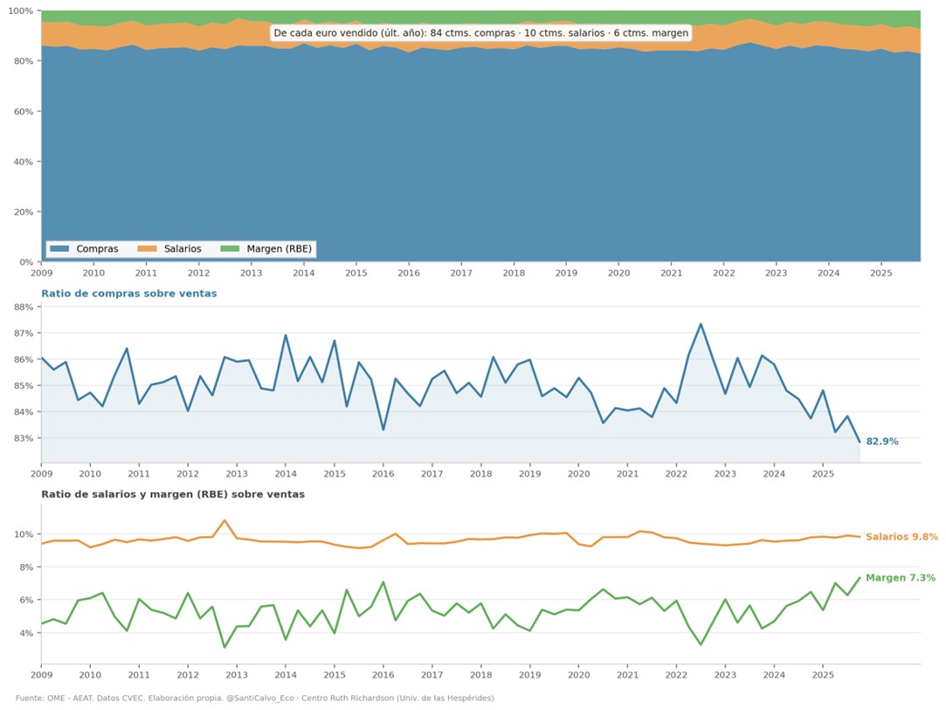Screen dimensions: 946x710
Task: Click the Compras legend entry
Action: point(85,248)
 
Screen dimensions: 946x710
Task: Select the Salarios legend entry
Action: point(169,248)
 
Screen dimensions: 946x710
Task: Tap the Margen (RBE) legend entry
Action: point(266,248)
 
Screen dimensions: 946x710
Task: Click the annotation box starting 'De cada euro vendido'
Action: point(480,33)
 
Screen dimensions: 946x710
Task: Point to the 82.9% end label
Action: point(882,442)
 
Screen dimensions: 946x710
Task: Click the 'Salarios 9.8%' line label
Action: point(901,537)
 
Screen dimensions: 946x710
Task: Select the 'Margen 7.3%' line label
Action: point(901,578)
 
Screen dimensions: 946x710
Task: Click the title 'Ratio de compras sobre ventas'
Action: point(129,294)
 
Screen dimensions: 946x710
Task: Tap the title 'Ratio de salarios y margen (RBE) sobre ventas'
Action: point(173,494)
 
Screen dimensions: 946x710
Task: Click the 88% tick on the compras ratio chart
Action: point(24,307)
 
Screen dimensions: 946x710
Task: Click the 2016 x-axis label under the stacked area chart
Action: point(409,273)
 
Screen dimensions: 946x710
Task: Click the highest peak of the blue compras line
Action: point(701,324)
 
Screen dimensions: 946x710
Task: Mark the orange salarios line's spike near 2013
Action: point(224,519)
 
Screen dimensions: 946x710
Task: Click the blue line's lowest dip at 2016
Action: point(383,429)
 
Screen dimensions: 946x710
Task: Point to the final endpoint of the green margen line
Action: point(860,577)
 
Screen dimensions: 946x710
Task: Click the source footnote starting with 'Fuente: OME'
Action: point(254,698)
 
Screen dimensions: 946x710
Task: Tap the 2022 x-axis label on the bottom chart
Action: point(676,674)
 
